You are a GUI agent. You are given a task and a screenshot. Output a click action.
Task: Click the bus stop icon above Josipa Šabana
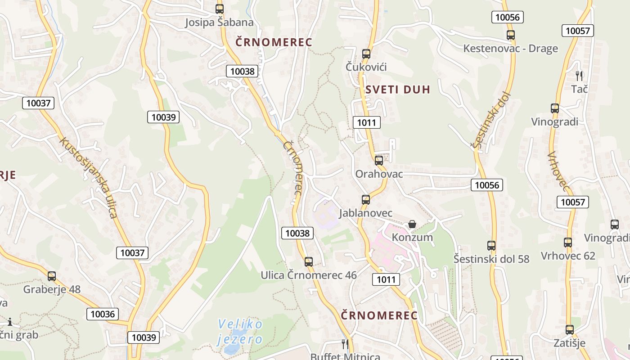(x=219, y=9)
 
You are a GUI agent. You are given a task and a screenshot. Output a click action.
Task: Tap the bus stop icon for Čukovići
(x=366, y=54)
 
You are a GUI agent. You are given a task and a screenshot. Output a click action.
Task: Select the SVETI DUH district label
(x=398, y=89)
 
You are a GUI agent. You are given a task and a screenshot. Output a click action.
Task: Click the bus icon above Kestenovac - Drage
(x=510, y=35)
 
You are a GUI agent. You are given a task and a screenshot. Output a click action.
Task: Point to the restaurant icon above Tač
(x=579, y=75)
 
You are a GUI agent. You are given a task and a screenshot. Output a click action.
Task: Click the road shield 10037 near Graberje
(x=132, y=252)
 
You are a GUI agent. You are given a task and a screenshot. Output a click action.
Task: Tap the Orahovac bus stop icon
(x=379, y=160)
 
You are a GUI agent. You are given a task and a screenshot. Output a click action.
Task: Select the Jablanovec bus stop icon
(x=366, y=199)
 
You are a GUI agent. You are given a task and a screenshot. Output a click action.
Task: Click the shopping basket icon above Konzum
(x=412, y=224)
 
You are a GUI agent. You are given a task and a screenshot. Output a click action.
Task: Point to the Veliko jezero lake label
(x=239, y=331)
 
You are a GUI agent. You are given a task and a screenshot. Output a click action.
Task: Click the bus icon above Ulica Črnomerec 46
(x=308, y=261)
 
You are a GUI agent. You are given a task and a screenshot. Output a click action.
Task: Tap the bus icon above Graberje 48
(x=52, y=276)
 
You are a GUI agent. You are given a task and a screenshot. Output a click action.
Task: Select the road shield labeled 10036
(x=103, y=314)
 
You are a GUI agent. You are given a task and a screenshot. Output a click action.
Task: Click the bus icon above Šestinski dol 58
(x=491, y=246)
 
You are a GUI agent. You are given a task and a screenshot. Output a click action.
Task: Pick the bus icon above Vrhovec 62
(x=568, y=243)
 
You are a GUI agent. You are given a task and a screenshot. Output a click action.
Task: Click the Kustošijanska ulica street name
(x=89, y=178)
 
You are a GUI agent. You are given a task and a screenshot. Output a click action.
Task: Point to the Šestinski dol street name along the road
(x=491, y=121)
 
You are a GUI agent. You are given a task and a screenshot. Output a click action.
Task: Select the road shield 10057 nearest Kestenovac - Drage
(x=578, y=31)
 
